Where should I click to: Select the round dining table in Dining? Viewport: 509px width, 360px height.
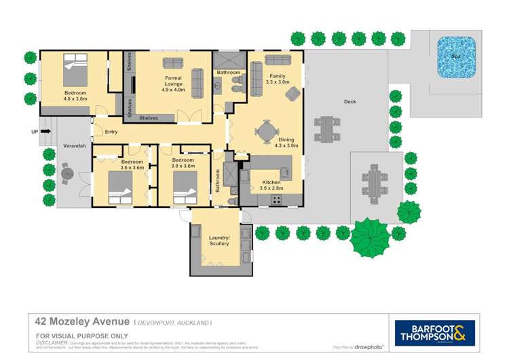tap(267, 128)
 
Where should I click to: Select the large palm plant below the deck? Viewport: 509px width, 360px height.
tap(371, 237)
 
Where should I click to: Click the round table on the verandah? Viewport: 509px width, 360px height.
tap(67, 174)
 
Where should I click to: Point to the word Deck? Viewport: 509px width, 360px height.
tap(350, 102)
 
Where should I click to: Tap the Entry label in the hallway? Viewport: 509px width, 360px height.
tap(111, 132)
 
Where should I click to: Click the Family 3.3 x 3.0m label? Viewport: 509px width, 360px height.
tap(278, 79)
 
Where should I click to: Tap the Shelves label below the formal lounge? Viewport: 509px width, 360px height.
tap(149, 118)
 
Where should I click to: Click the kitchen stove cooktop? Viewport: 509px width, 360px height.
tap(276, 200)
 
